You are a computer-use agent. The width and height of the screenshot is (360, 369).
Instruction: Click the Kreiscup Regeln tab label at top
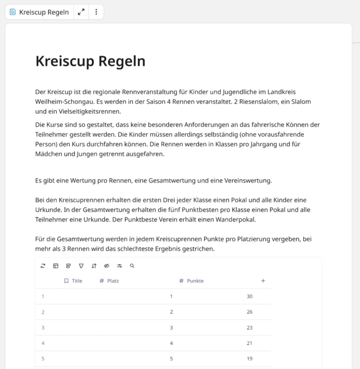[x=44, y=12]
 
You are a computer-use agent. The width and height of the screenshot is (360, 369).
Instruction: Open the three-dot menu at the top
[x=96, y=12]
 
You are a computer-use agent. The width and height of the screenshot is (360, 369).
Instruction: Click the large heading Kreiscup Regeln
[x=90, y=61]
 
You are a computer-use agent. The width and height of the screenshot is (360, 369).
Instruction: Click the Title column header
[x=77, y=281]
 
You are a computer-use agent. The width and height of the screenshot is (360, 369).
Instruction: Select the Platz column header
[x=113, y=281]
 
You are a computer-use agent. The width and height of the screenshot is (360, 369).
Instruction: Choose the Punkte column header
[x=195, y=281]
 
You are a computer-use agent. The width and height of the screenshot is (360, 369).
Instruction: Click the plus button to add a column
[x=263, y=281]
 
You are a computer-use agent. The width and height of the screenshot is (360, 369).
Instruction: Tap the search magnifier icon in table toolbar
[x=132, y=266]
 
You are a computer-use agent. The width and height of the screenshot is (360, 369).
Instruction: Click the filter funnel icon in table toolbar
[x=81, y=266]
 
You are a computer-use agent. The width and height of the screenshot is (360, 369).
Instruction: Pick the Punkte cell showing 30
[x=249, y=297]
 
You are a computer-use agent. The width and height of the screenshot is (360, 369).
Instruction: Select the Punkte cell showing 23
[x=249, y=328]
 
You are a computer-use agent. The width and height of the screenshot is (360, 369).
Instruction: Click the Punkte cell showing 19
[x=249, y=359]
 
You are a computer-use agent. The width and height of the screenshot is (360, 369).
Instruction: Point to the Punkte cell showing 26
[x=249, y=312]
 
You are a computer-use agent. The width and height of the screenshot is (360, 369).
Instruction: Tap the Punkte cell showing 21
[x=249, y=343]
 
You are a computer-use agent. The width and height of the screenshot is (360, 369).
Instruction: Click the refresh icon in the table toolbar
[x=43, y=266]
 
